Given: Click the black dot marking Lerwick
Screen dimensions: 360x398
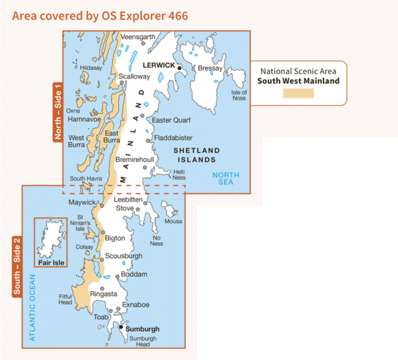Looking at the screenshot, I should point(180,67).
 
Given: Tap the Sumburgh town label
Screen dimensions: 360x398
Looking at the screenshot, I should point(142,329).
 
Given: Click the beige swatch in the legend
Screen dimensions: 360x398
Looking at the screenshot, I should point(298,93).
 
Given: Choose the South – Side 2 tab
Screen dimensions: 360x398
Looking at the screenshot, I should point(17,267).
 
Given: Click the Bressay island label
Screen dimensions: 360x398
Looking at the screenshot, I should point(209,68).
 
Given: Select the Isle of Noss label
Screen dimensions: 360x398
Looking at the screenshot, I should point(239,95).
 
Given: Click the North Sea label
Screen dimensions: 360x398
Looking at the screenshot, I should point(225,179).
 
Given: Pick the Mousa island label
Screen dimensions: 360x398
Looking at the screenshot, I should point(173,221).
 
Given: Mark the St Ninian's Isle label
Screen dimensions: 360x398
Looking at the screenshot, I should point(81,223).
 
